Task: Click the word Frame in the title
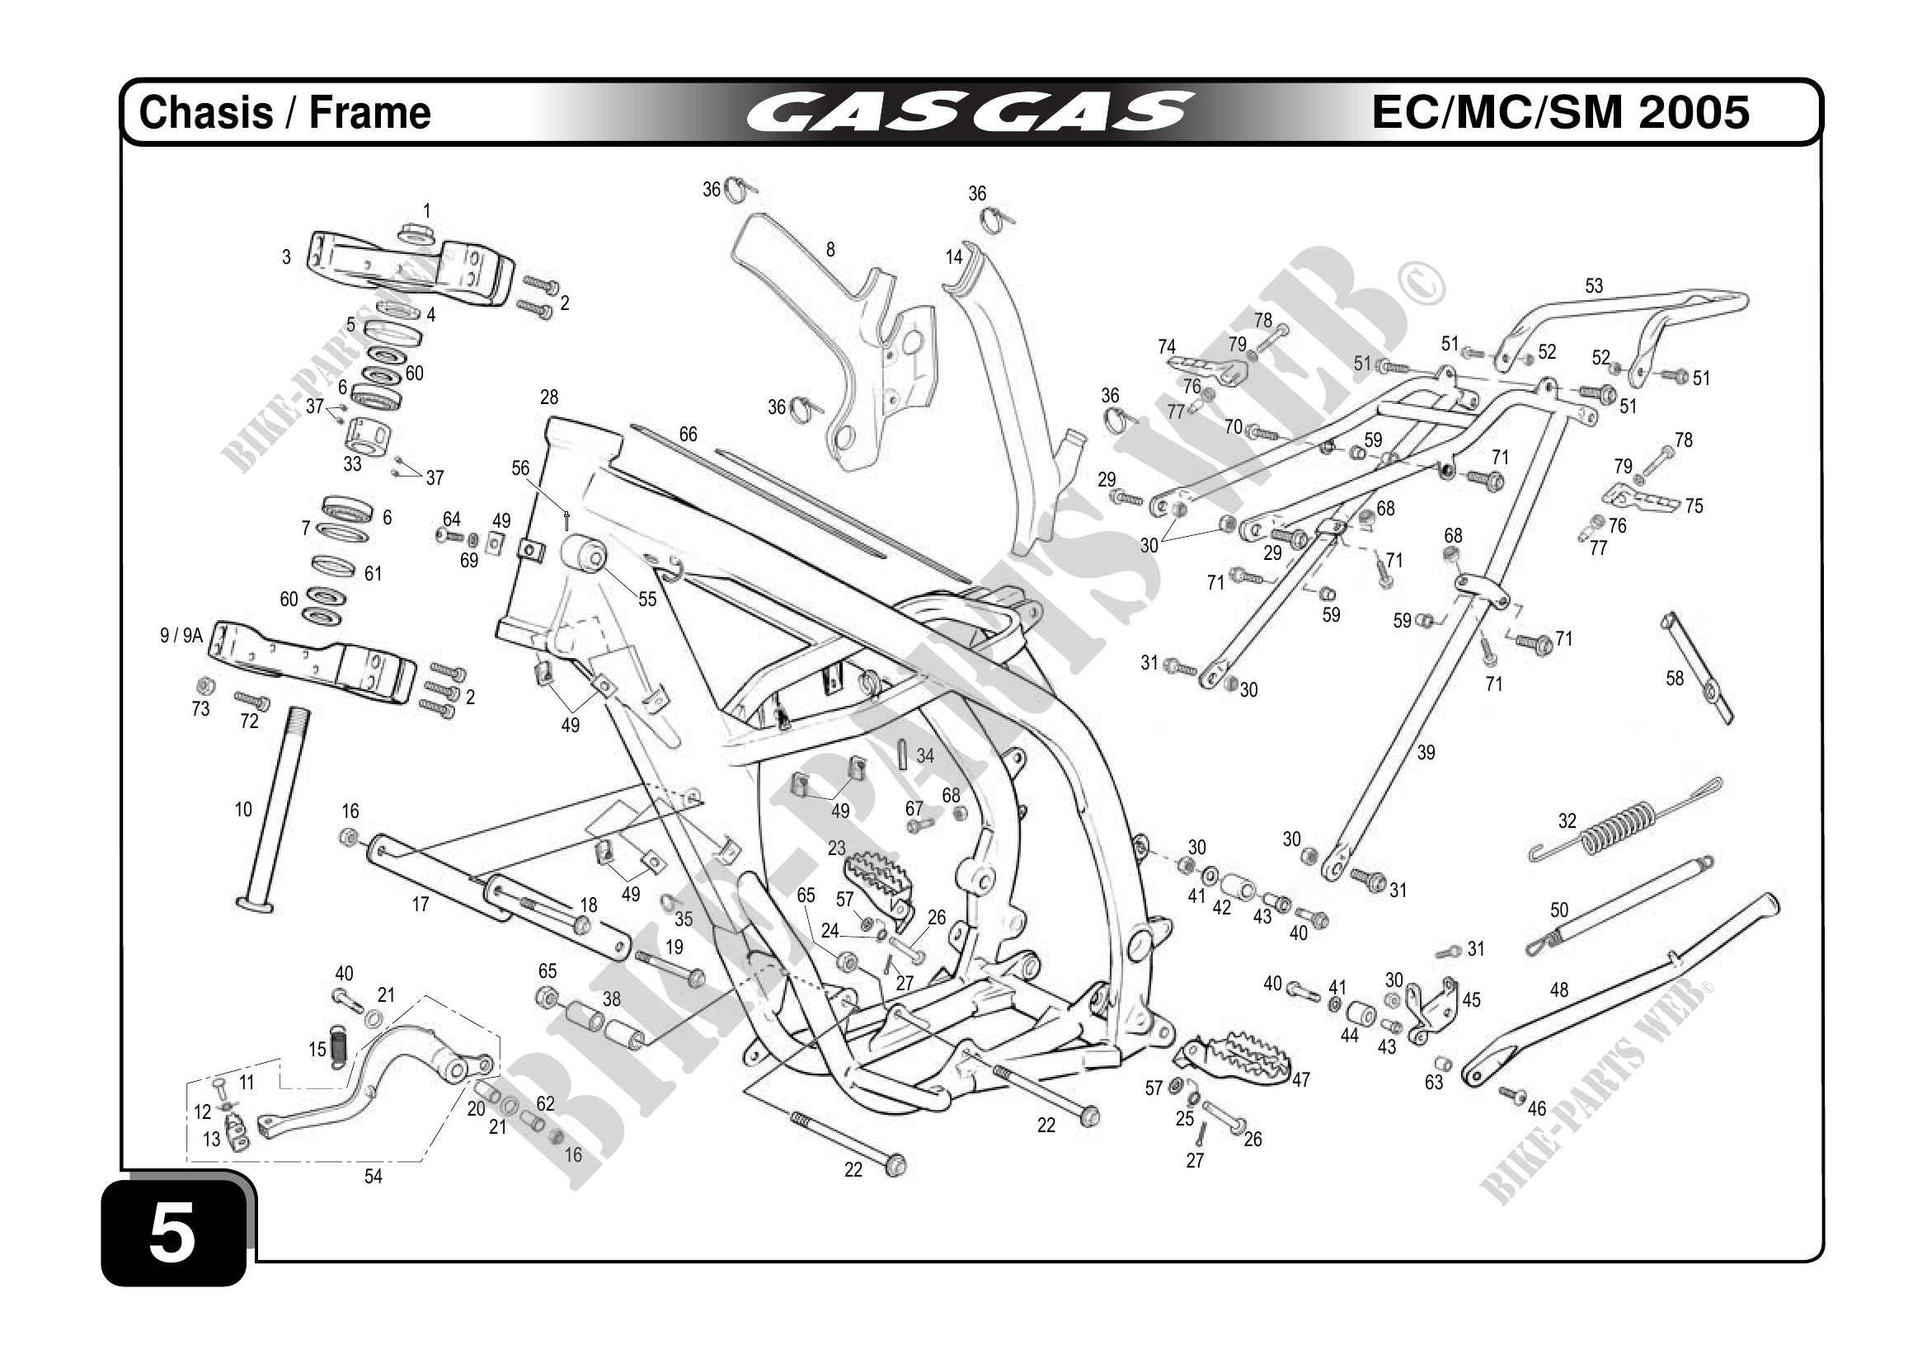(369, 113)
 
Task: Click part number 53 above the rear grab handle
(1593, 286)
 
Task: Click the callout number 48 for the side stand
(1558, 990)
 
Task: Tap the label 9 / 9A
(181, 637)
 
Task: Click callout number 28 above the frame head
(549, 397)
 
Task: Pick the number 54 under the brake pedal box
(373, 1177)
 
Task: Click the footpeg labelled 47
(1234, 1055)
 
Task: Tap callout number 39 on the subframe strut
(1426, 753)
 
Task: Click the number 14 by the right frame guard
(953, 256)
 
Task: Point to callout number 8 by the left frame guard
(830, 249)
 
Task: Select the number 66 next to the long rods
(688, 434)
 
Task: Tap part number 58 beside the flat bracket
(1675, 678)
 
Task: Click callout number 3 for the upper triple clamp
(286, 256)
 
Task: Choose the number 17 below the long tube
(421, 904)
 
